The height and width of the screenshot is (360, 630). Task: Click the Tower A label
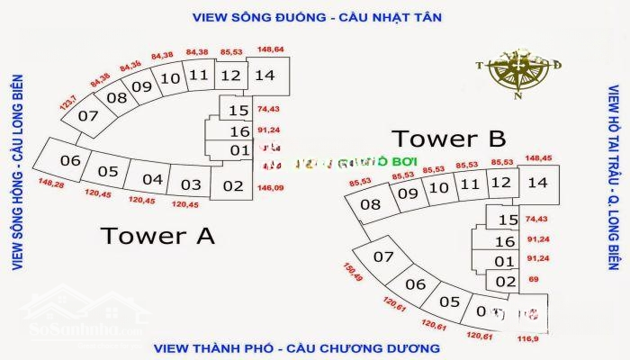157,236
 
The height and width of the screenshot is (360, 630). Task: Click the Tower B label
448,139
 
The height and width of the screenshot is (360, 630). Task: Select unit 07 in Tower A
87,115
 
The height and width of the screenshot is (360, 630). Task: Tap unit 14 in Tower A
265,76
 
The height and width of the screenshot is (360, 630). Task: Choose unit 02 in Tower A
233,186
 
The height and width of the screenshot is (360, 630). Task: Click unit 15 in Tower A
238,111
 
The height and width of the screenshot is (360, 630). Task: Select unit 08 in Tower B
370,204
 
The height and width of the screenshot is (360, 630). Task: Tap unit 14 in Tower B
537,183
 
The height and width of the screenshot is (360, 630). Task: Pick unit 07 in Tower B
384,257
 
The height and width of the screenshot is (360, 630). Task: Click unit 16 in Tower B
505,241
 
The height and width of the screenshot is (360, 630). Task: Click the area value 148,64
270,49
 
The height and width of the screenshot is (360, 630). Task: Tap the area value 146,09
270,187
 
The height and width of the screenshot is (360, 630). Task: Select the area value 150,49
355,272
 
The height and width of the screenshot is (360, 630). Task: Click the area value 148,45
540,158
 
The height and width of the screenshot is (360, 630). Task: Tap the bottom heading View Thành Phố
296,347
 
